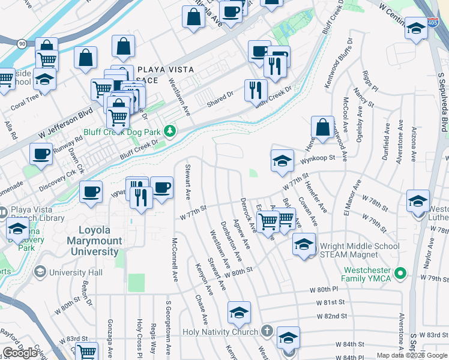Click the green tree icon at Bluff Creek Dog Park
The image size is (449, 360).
pyautogui.click(x=171, y=131)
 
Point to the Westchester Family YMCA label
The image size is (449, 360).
pyautogui.click(x=366, y=274)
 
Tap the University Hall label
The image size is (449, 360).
pyautogui.click(x=76, y=272)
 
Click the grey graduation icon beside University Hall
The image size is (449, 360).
pyautogui.click(x=41, y=272)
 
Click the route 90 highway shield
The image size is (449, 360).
pyautogui.click(x=22, y=44)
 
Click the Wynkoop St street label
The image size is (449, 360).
pyautogui.click(x=318, y=158)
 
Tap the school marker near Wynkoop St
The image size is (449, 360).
pyautogui.click(x=282, y=160)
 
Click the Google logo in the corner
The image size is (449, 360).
pyautogui.click(x=20, y=353)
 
